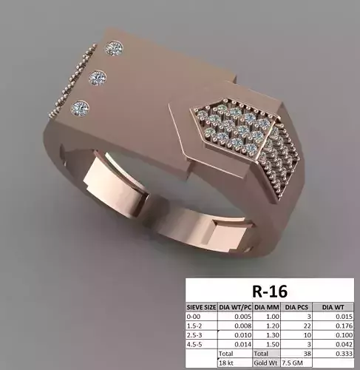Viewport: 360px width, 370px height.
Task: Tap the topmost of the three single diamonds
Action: pos(113,48)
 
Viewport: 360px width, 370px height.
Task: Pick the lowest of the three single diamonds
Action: pos(79,108)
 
